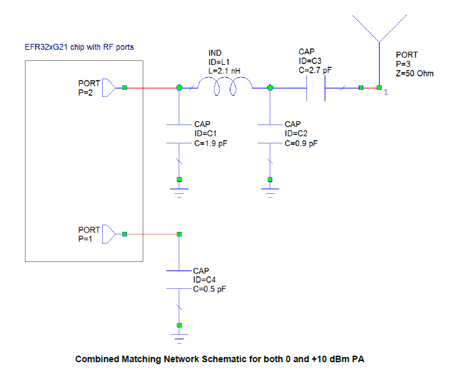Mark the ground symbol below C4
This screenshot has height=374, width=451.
179,336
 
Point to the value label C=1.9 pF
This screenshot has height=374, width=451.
211,141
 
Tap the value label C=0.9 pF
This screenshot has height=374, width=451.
302,141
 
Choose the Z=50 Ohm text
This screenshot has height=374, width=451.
415,73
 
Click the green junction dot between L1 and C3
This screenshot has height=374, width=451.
270,87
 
